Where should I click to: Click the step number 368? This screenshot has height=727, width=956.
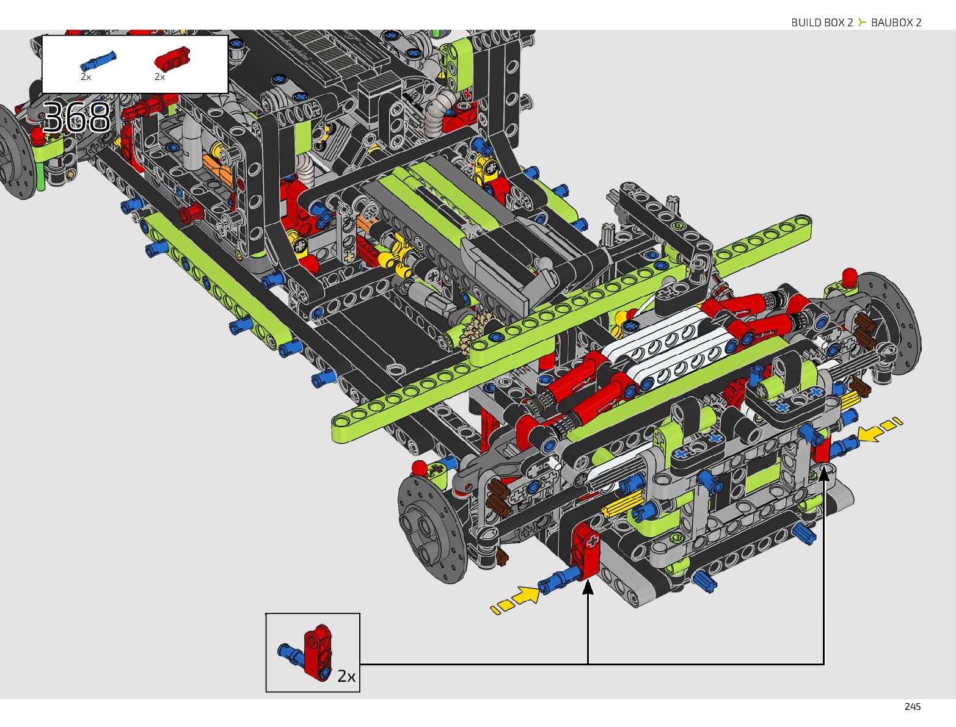point(76,117)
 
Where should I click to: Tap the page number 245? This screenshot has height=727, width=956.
point(912,707)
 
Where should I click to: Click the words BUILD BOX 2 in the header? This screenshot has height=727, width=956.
point(822,23)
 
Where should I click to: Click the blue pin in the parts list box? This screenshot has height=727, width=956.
point(98,61)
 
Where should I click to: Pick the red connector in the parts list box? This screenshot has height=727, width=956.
point(172,59)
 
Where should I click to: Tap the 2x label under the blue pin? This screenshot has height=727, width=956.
point(86,77)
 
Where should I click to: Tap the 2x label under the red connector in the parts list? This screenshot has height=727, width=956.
point(160,77)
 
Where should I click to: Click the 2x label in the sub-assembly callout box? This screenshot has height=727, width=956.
point(346,676)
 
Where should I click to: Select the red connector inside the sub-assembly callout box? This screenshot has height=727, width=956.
point(318,653)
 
